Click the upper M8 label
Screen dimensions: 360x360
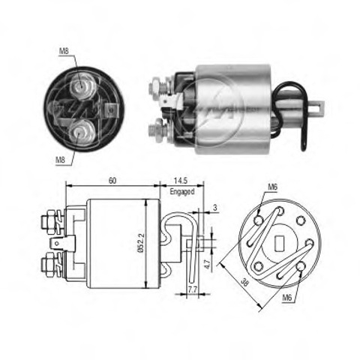tap(64, 51)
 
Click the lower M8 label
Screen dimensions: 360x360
tap(60, 159)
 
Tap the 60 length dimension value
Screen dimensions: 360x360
tap(112, 181)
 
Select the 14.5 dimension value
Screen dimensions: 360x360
tap(181, 181)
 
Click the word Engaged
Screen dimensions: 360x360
tap(182, 192)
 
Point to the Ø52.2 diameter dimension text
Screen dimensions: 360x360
tap(141, 243)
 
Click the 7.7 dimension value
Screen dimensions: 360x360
tap(192, 289)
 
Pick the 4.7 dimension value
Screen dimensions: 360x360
tap(207, 264)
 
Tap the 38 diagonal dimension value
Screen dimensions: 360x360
tap(244, 283)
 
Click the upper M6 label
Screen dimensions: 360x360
tap(273, 187)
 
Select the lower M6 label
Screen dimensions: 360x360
tap(287, 298)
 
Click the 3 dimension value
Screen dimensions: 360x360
tap(215, 208)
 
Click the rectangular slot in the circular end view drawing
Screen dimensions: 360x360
tap(280, 244)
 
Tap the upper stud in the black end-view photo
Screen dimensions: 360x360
tap(82, 85)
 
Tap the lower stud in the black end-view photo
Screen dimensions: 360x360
tap(80, 132)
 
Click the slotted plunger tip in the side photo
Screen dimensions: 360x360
tap(316, 106)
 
